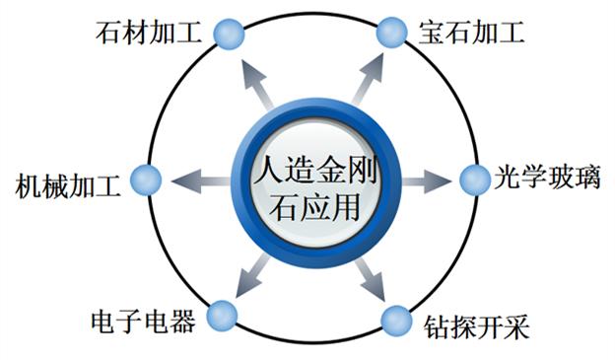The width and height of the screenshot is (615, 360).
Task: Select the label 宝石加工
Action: click(464, 33)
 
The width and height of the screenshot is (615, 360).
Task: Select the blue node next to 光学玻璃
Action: click(473, 180)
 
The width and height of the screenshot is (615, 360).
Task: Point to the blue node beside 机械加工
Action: click(146, 180)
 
